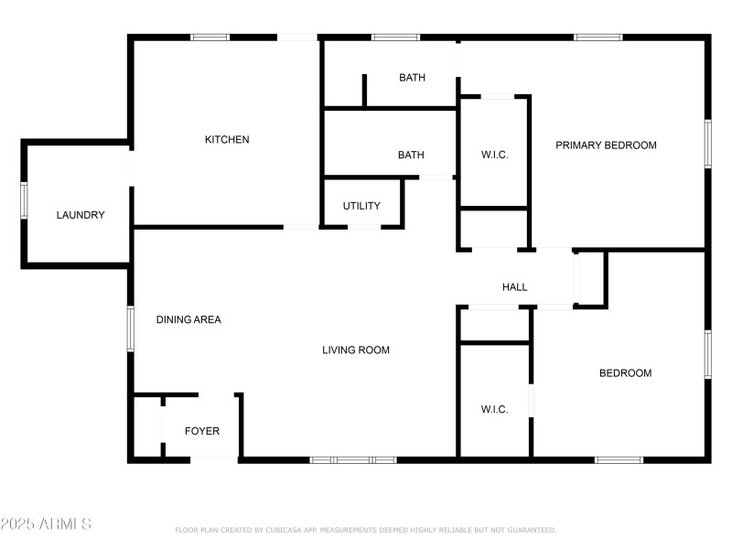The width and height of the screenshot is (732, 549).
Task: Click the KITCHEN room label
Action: point(227,140)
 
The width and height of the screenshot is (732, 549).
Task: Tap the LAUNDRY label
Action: point(81,216)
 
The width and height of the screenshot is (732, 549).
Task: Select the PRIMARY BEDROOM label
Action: point(606,145)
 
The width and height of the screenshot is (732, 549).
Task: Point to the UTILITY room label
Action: point(361,206)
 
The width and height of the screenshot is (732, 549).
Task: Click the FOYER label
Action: point(202,431)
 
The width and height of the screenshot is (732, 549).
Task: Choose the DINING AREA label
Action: point(188,320)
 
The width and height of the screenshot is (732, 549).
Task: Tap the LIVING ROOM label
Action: point(356,350)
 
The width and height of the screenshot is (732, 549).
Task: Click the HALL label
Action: point(515,287)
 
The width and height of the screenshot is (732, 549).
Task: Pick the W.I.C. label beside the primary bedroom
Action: point(494,156)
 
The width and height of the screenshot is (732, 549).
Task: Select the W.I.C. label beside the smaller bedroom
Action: point(494,409)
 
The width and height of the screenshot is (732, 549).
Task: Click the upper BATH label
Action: point(412,78)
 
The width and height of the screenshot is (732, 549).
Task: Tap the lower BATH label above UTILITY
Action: point(411,156)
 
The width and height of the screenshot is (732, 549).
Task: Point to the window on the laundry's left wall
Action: point(25,201)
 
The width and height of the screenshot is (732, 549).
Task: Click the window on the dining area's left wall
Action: point(130,327)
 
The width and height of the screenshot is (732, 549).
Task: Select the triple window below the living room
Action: point(353,459)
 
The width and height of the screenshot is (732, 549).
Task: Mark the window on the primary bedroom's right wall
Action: point(707,144)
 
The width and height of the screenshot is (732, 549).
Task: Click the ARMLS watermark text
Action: point(46,524)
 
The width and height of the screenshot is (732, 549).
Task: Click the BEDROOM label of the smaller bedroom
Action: point(625,373)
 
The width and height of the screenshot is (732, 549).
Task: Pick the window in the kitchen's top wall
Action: point(210,38)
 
